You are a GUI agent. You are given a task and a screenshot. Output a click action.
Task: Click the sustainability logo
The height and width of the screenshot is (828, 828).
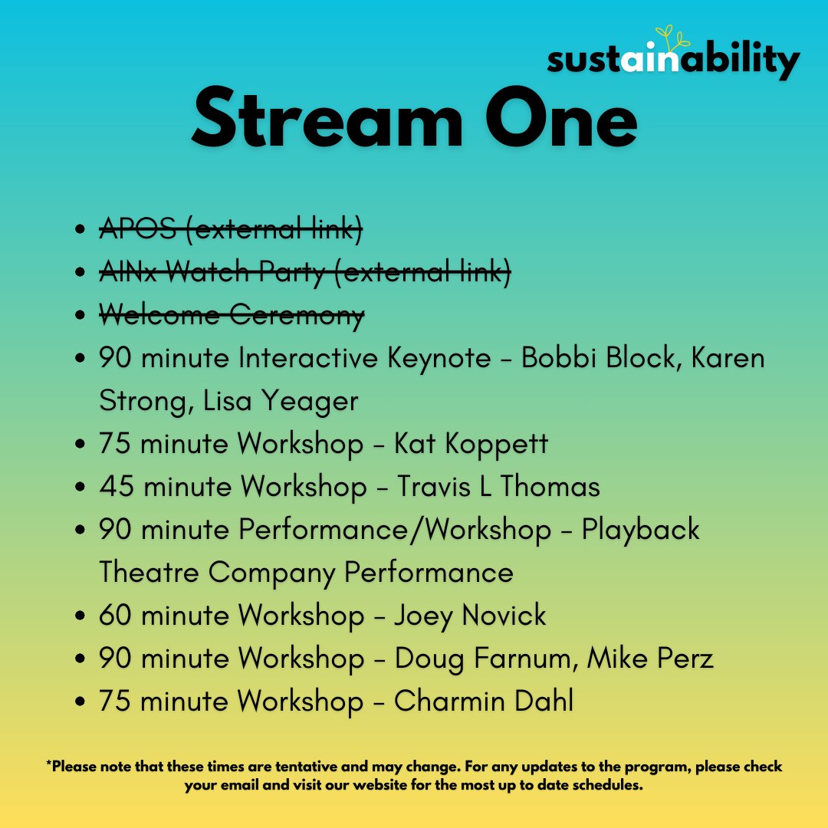click(673, 60)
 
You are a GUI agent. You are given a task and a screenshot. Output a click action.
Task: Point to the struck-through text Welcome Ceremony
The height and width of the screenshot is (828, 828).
click(232, 315)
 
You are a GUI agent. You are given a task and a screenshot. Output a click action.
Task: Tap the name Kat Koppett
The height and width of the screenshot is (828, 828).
click(471, 444)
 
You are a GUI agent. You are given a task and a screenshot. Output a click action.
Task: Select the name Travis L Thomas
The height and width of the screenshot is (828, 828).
click(498, 487)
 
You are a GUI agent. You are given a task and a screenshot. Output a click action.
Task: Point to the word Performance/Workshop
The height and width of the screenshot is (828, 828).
click(395, 530)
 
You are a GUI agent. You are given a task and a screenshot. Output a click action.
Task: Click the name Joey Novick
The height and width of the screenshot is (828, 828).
click(470, 616)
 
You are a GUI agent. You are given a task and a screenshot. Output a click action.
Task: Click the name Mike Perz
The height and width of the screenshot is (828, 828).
click(650, 659)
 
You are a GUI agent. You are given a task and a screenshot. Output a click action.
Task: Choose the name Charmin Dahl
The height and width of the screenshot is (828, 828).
click(484, 701)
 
